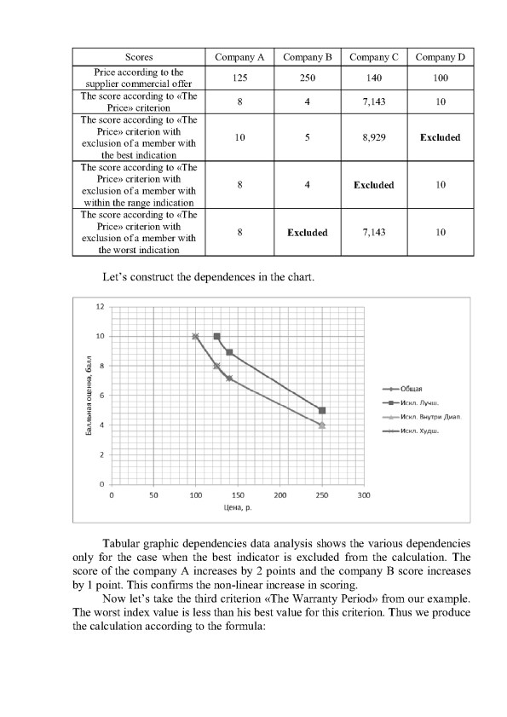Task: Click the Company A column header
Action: click(x=239, y=57)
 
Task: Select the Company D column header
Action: click(x=441, y=57)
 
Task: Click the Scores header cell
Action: click(x=139, y=57)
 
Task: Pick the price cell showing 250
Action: click(x=307, y=78)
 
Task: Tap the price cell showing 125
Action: click(x=239, y=78)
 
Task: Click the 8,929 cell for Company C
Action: click(x=373, y=137)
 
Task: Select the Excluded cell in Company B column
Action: click(x=307, y=232)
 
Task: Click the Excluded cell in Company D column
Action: click(x=441, y=137)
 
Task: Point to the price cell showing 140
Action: click(x=373, y=78)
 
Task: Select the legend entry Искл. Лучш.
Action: click(x=412, y=401)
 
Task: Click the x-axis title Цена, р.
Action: click(x=237, y=509)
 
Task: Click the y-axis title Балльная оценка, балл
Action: click(x=89, y=396)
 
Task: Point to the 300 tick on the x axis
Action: click(x=363, y=494)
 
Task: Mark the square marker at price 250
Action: click(x=322, y=410)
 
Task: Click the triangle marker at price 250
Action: click(x=322, y=425)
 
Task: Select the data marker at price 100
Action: click(x=195, y=337)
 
